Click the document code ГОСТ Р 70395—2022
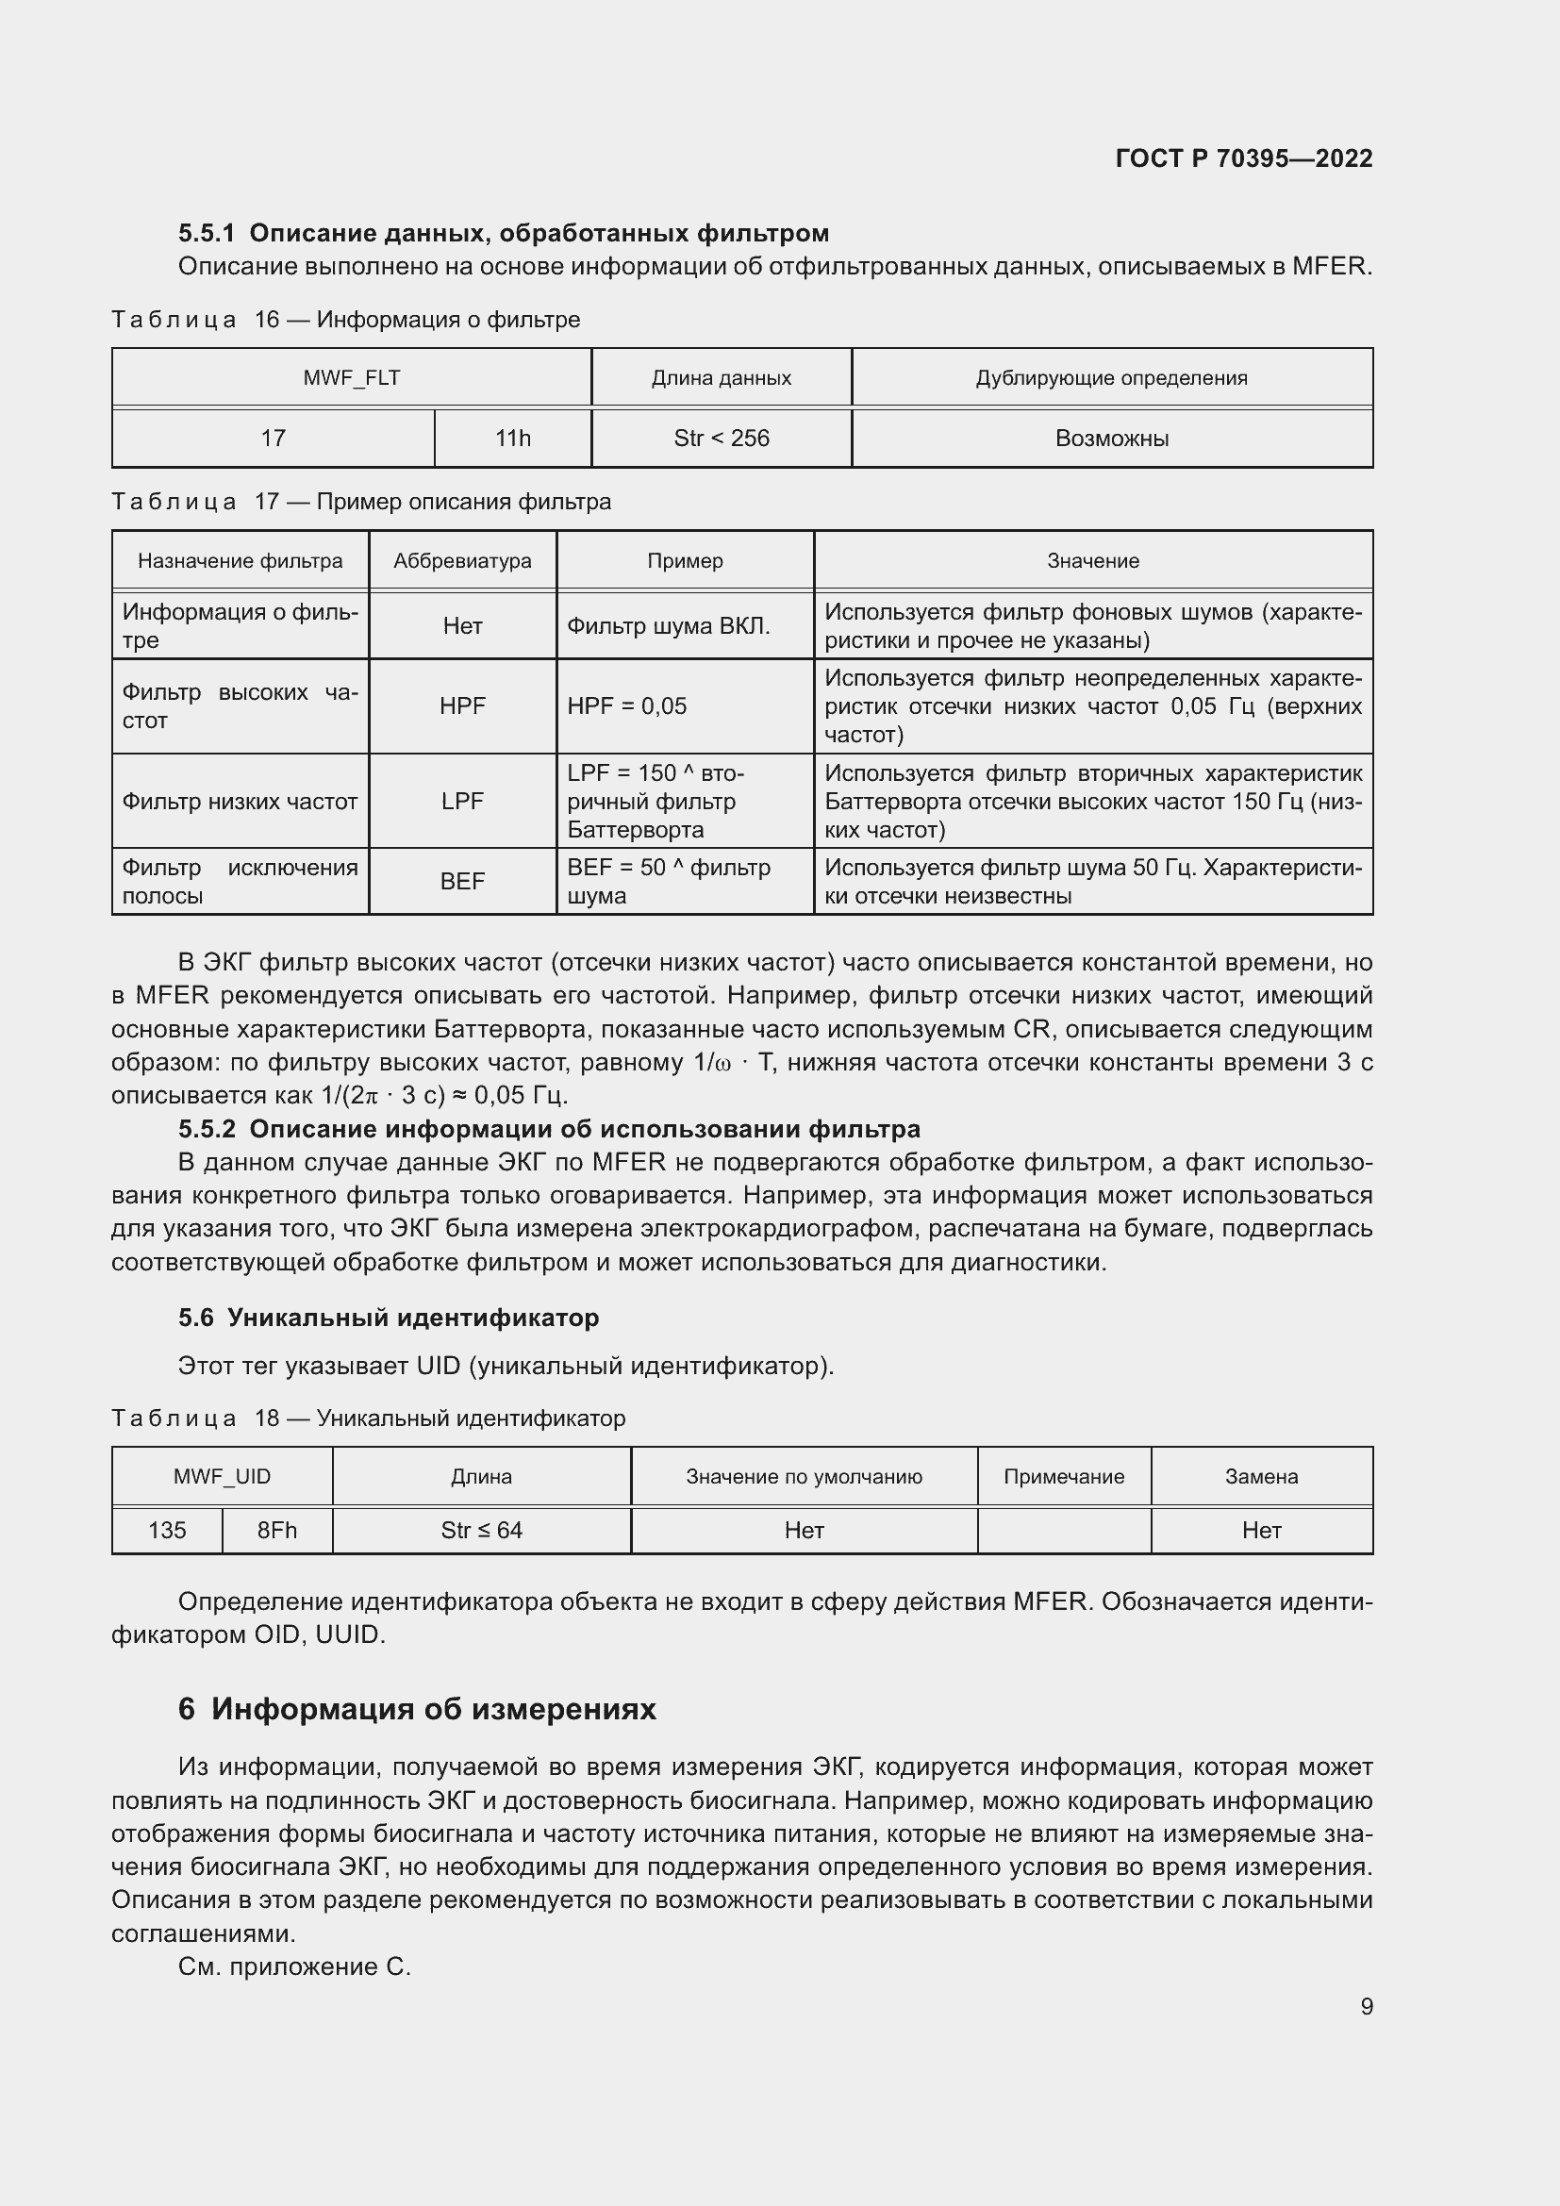click(x=1243, y=158)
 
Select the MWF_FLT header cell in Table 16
click(x=352, y=377)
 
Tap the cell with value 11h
click(x=512, y=439)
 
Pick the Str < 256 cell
click(x=722, y=439)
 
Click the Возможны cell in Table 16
click(x=1111, y=439)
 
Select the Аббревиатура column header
click(x=462, y=560)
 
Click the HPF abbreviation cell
click(x=462, y=706)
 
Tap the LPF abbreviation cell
click(x=462, y=802)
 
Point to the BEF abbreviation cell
click(x=462, y=881)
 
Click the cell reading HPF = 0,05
click(x=627, y=706)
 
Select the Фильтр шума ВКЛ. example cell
click(x=669, y=626)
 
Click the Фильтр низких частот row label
click(x=241, y=802)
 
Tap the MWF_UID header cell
click(x=222, y=1477)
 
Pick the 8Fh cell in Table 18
click(x=276, y=1531)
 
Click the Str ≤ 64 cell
click(x=481, y=1531)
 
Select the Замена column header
click(x=1261, y=1477)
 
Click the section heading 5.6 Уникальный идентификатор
click(x=388, y=1318)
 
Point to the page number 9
click(x=1366, y=2006)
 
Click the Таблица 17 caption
click(x=361, y=502)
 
